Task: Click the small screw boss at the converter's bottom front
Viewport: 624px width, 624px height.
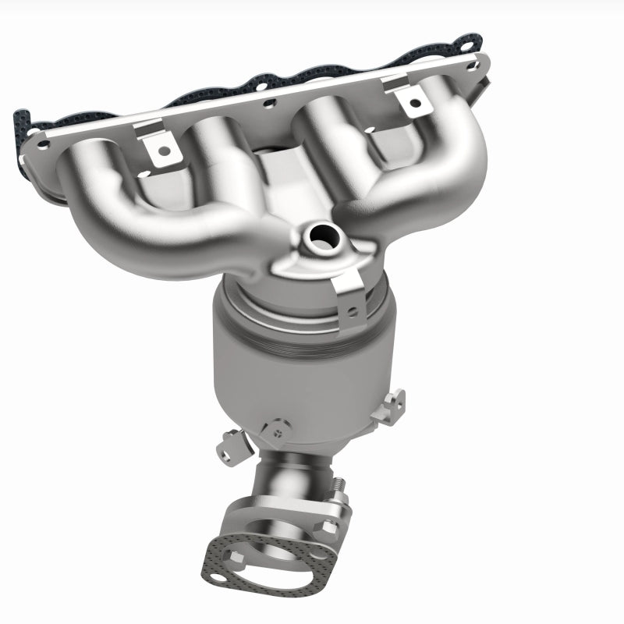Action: click(274, 428)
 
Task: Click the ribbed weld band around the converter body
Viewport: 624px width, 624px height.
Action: click(312, 335)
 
